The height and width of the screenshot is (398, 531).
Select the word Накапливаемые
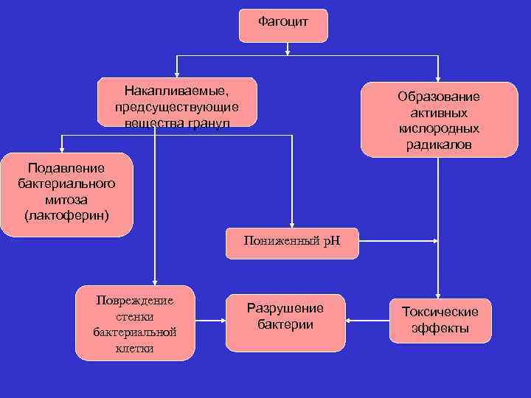(177, 91)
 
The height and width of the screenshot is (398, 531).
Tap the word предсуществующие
(177, 107)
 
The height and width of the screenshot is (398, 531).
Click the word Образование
(438, 97)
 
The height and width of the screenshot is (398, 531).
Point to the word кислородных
(438, 129)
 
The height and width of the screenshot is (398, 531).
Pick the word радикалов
(438, 145)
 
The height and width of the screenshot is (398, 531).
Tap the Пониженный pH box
(293, 241)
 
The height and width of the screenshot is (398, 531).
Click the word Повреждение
(135, 301)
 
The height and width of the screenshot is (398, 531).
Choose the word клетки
(135, 349)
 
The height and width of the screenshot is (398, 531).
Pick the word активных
(438, 113)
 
